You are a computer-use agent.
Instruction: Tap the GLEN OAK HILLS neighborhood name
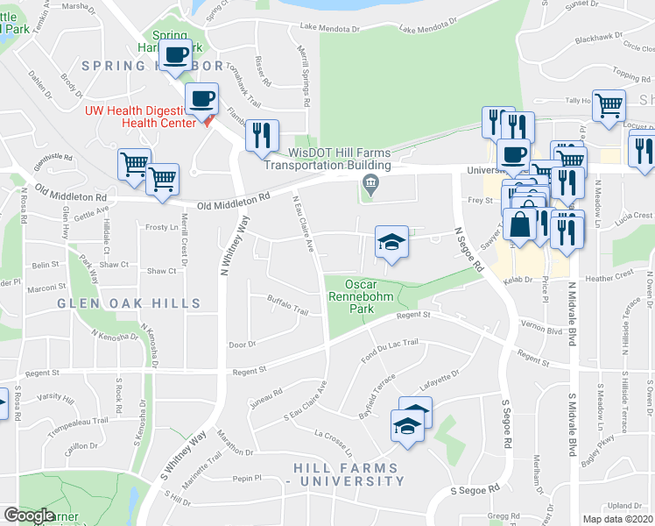[x=129, y=303]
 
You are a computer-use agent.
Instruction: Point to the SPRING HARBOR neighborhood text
[x=152, y=66]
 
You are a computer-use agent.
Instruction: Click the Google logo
[x=28, y=515]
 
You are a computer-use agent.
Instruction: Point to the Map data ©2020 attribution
[x=617, y=519]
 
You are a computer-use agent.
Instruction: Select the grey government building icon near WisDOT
[x=370, y=183]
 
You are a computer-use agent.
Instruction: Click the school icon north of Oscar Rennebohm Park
[x=391, y=243]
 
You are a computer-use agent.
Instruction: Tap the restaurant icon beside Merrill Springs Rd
[x=261, y=136]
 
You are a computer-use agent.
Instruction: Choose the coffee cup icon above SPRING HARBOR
[x=176, y=54]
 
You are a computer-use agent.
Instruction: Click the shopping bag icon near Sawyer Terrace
[x=519, y=225]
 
